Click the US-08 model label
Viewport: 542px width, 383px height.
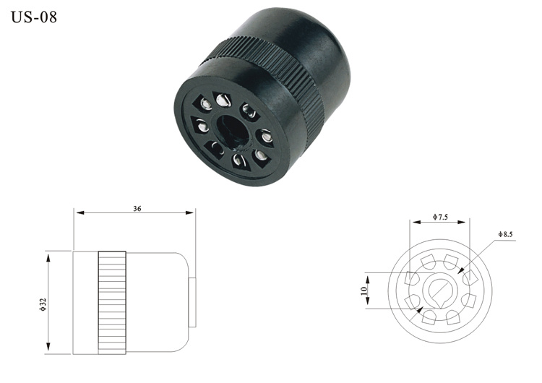(34, 17)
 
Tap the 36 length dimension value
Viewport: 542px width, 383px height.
(137, 209)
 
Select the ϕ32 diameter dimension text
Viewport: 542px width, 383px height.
(43, 304)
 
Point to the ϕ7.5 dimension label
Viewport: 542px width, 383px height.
(440, 217)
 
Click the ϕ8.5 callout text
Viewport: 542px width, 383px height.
(505, 234)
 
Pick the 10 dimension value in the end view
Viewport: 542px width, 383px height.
(364, 291)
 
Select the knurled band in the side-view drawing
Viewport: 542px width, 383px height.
(112, 303)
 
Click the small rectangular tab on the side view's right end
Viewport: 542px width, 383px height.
(192, 302)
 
